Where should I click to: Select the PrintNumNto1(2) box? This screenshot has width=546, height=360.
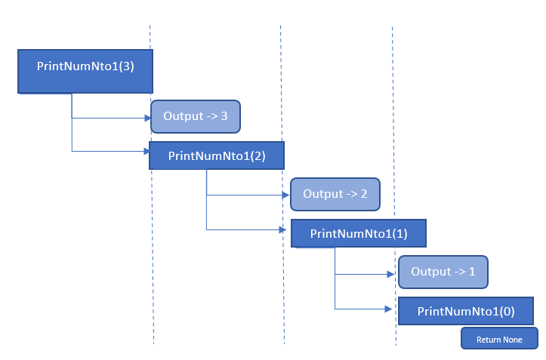point(216,155)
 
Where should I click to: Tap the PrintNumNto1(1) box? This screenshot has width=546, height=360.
point(359,233)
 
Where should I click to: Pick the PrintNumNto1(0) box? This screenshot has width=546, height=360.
point(466,311)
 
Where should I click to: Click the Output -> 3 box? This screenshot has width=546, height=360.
point(196,116)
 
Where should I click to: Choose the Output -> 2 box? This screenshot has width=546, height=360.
point(335,194)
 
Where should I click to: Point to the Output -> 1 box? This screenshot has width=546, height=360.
point(443,272)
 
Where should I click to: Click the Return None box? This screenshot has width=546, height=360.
point(499,339)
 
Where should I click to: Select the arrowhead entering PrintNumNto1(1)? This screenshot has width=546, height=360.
point(287,229)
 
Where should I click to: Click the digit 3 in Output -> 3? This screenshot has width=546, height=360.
point(224,116)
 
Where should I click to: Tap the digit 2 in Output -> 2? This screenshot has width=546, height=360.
point(364,194)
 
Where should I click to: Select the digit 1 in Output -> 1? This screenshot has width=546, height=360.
point(472,272)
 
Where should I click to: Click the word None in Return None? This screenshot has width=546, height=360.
point(513,340)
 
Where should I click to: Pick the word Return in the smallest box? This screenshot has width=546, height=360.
point(489,340)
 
